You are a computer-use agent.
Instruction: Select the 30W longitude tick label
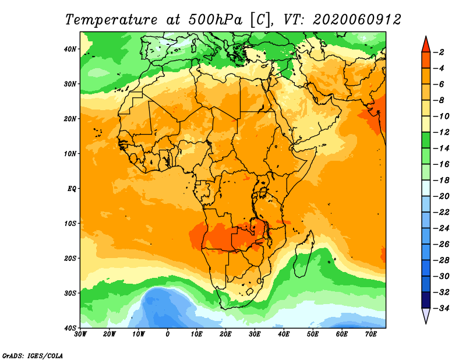click(80, 334)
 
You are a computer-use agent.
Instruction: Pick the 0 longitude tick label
click(168, 334)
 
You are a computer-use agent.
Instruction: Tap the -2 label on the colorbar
click(442, 52)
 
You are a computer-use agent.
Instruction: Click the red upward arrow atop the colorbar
click(426, 44)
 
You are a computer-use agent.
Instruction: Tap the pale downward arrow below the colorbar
click(426, 315)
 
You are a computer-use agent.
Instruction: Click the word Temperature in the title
click(110, 19)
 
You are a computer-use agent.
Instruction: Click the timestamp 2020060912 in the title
click(356, 19)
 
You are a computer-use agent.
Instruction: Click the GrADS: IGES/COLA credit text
click(33, 355)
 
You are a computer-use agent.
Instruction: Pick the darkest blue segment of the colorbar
click(426, 299)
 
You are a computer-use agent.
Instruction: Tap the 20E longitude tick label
click(226, 334)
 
